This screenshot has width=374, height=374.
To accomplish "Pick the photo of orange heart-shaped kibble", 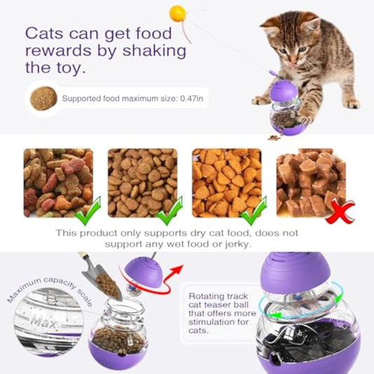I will (226, 180).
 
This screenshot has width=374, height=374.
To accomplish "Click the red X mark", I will (340, 210).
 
